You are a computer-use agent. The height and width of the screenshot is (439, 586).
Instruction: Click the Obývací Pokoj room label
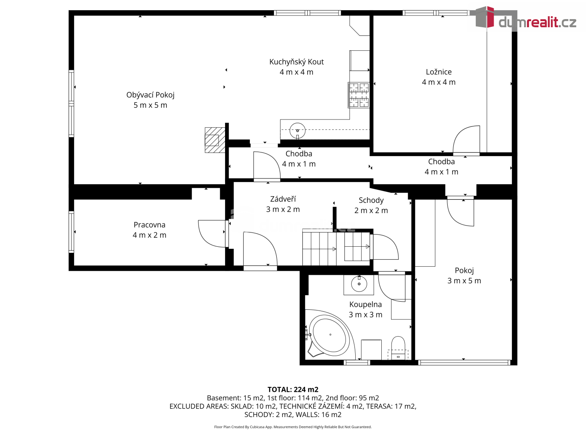click(x=150, y=100)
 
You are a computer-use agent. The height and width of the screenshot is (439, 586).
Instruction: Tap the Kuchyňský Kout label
click(x=296, y=67)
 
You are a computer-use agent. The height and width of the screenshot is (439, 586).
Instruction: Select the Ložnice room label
click(x=439, y=77)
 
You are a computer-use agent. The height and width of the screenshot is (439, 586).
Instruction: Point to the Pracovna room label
click(x=149, y=230)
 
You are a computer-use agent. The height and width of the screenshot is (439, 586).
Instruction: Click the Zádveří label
click(x=283, y=204)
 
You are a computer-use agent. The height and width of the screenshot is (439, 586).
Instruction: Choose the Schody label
click(x=371, y=205)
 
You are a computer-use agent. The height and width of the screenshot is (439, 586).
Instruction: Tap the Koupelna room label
click(x=365, y=309)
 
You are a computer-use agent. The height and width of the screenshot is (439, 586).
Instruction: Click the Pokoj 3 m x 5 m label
click(x=464, y=275)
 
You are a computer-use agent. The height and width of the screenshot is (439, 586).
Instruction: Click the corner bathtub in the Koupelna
click(x=330, y=334)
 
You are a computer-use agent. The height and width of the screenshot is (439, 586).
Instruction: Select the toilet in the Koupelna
click(x=398, y=348)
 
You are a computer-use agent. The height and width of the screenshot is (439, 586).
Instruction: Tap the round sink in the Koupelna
click(x=359, y=284)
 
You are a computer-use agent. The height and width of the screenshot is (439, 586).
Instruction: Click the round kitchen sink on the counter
click(x=297, y=130)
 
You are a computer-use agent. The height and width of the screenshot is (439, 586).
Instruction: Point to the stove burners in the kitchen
click(x=359, y=95)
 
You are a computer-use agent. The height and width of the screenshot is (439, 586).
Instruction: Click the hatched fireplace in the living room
click(x=215, y=140)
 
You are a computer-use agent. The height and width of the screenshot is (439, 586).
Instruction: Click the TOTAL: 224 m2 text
click(x=293, y=389)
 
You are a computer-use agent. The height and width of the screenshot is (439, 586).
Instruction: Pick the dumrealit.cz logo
click(x=525, y=19)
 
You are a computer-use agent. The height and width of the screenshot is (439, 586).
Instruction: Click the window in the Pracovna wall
click(x=71, y=232)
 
